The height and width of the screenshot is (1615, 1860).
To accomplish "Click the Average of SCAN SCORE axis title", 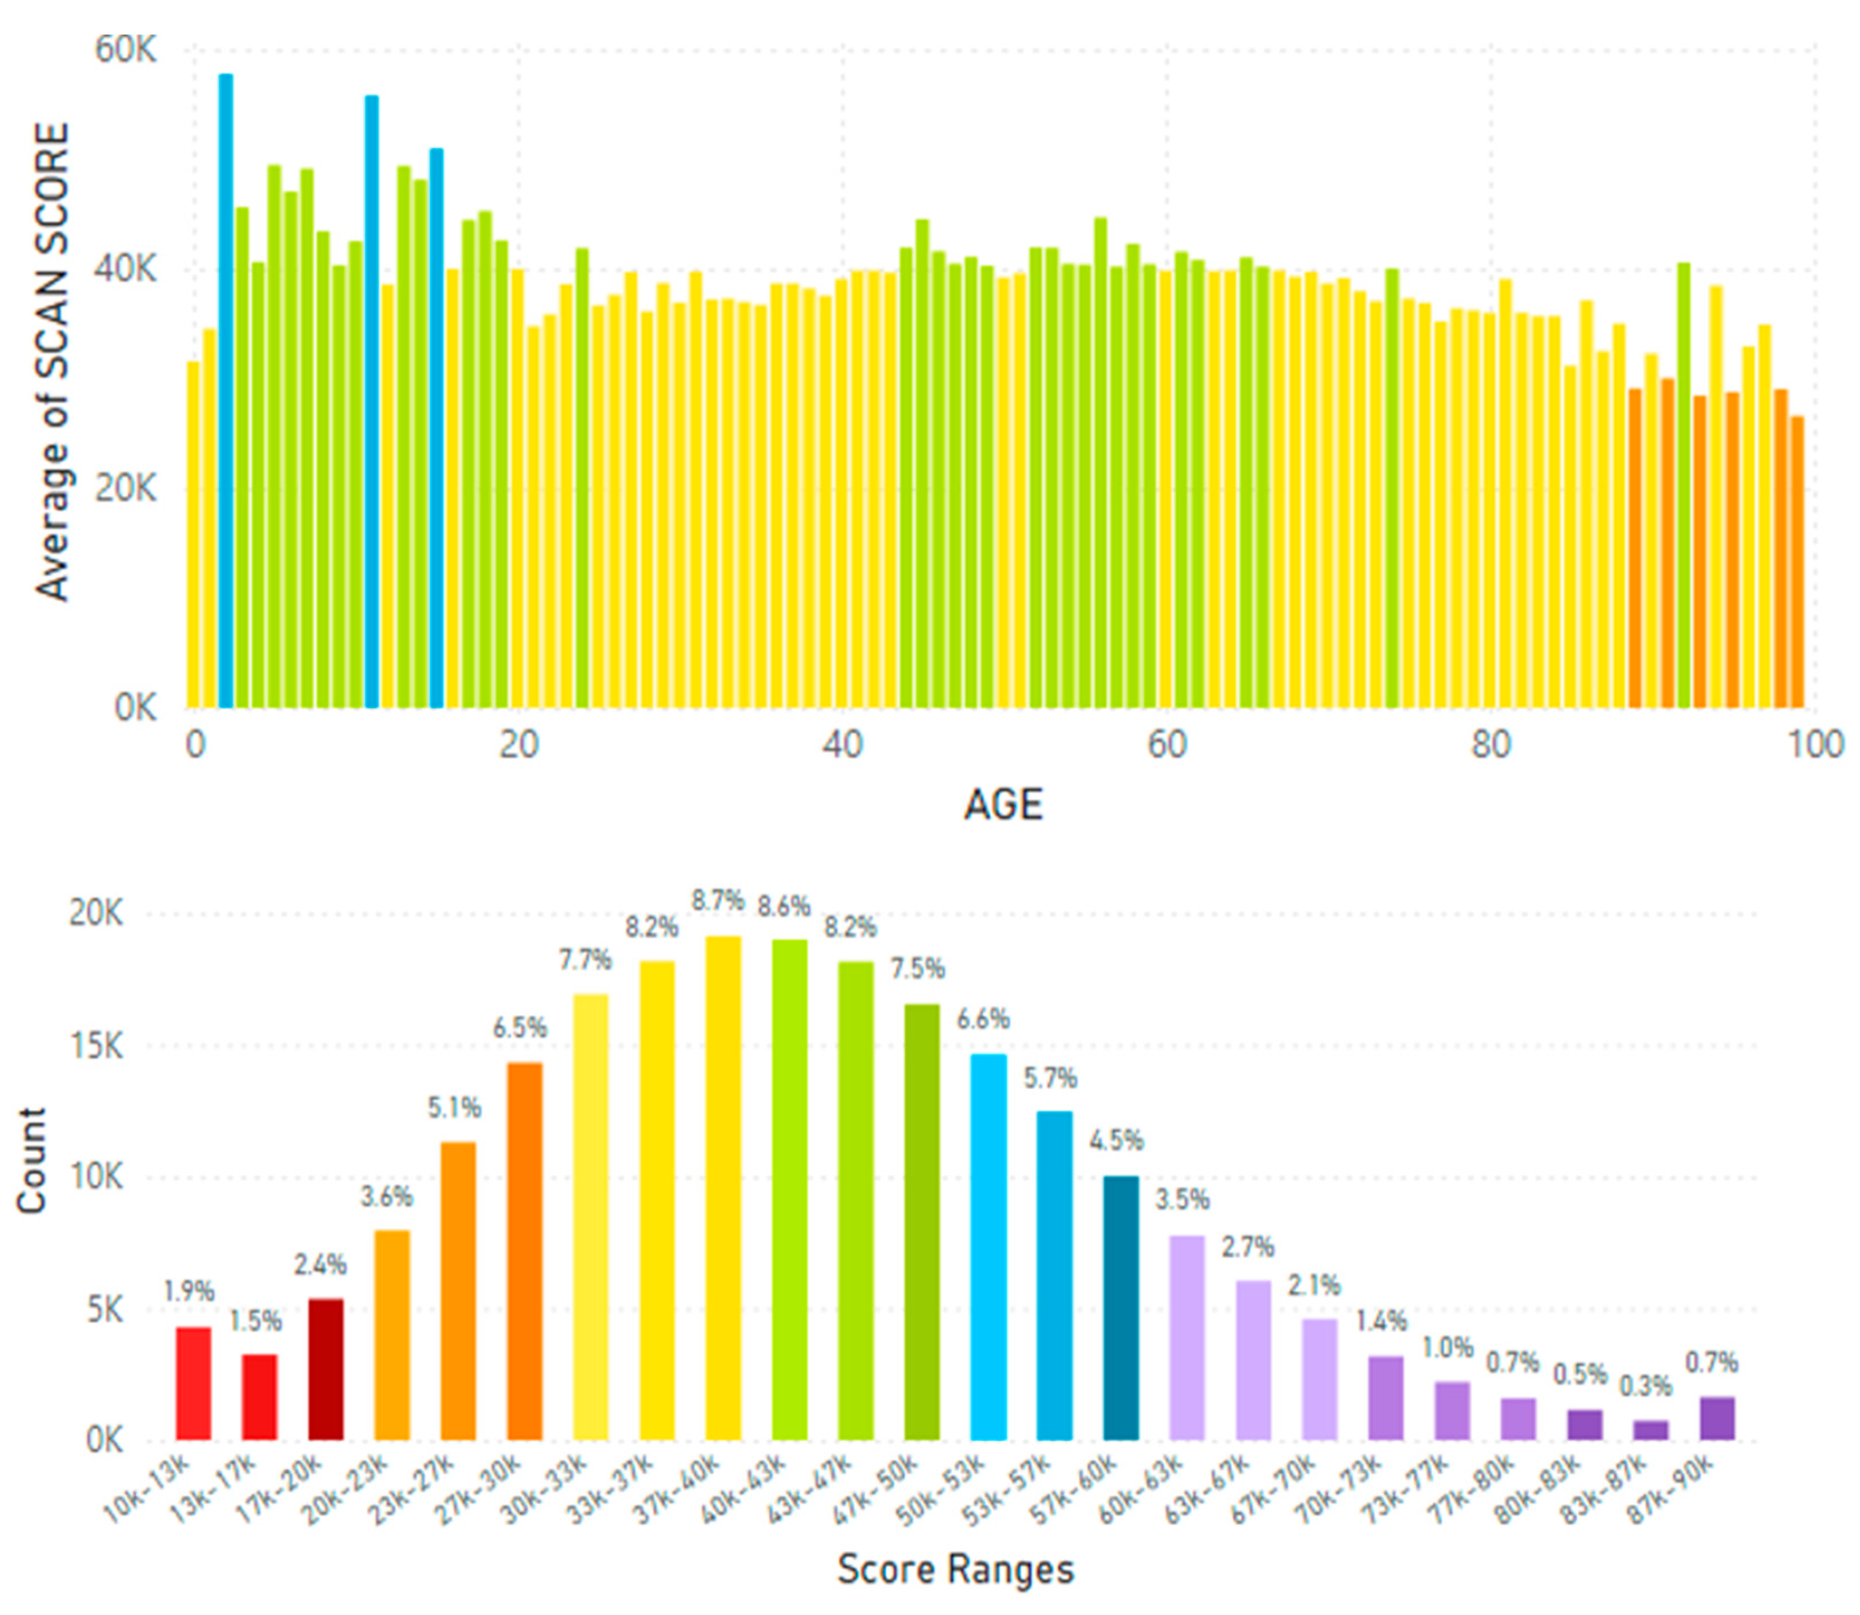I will (52, 361).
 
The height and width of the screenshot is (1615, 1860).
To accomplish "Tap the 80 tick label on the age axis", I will (1490, 745).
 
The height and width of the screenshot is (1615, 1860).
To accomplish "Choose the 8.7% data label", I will (718, 900).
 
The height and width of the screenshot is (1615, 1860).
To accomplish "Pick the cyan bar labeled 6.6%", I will (988, 1248).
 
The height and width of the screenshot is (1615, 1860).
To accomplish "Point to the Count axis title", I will (31, 1162).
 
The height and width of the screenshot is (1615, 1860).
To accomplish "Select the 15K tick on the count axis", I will (95, 1046).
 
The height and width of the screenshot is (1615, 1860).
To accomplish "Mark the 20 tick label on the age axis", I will (518, 745).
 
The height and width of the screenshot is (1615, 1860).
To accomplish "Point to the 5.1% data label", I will (454, 1108).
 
